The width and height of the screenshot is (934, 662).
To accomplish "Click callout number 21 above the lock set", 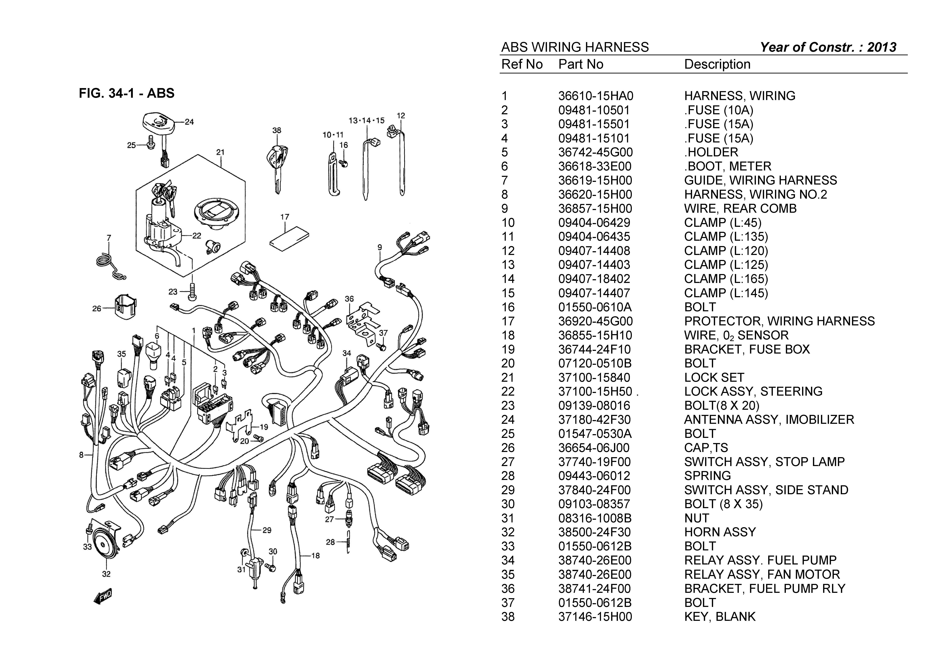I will [x=220, y=152].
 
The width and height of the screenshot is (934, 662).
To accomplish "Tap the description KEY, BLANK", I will [x=720, y=616].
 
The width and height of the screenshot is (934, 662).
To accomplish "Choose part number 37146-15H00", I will [x=595, y=616].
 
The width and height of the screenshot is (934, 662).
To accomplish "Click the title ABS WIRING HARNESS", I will [x=575, y=47].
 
